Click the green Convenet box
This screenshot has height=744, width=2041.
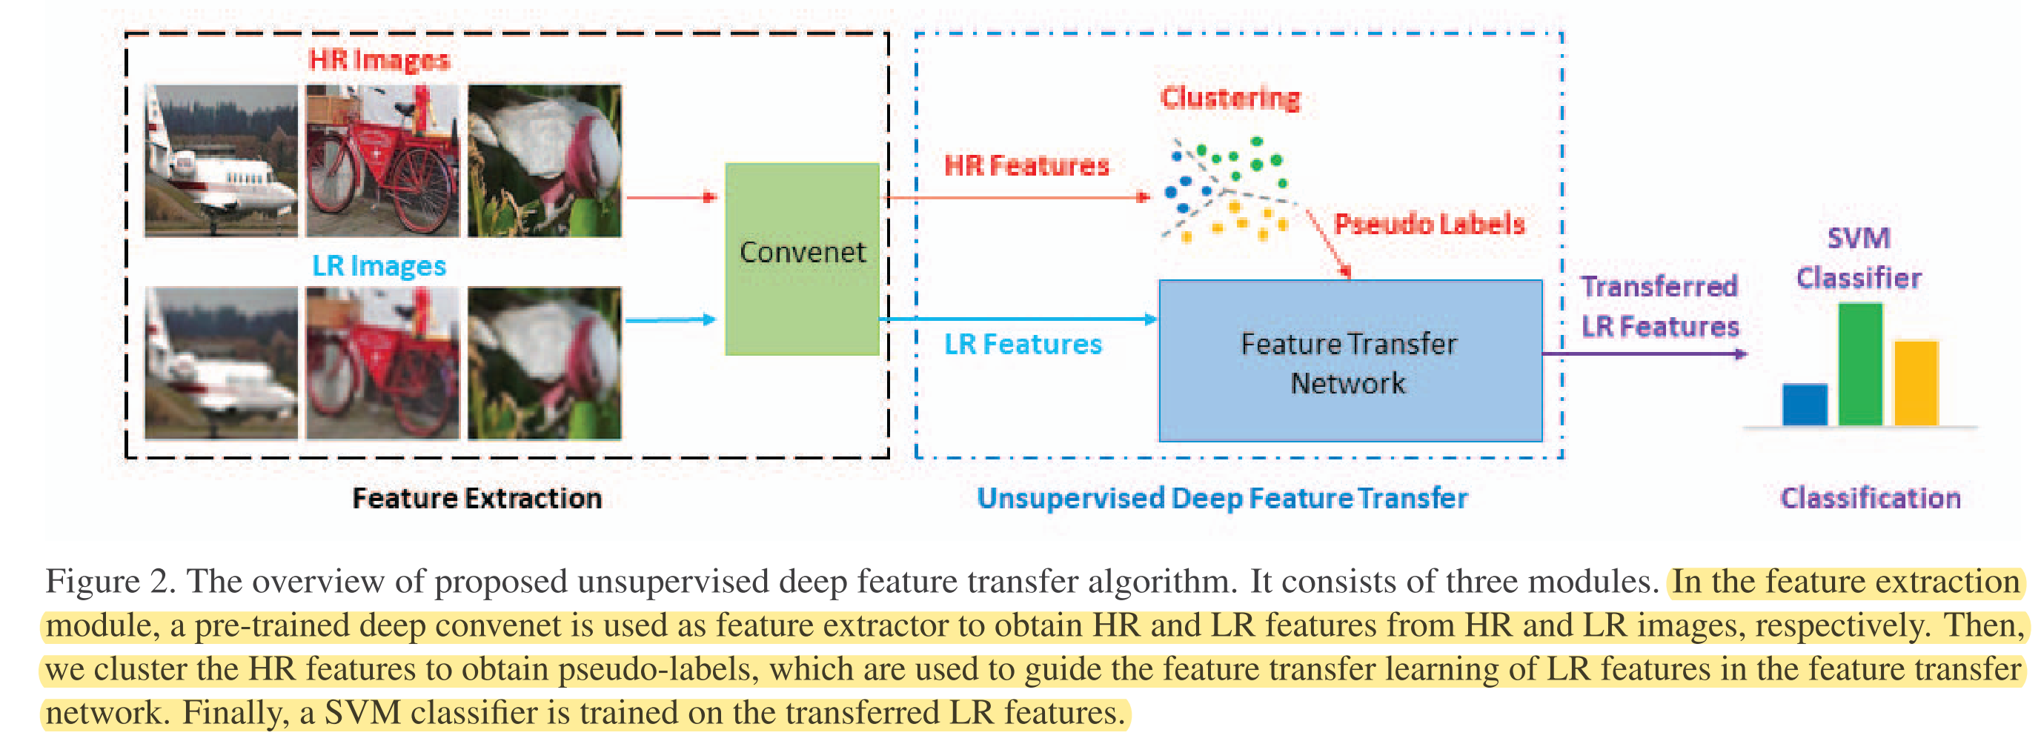coord(802,259)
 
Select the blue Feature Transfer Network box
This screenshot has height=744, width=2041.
coord(1350,360)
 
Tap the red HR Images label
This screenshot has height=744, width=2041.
coord(379,59)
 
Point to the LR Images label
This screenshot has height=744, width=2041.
coord(379,265)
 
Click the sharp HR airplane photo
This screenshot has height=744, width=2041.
coord(221,161)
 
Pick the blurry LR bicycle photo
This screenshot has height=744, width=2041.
coord(382,363)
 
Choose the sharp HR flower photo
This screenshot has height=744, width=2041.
coord(544,161)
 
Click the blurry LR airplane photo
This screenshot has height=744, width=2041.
coord(221,363)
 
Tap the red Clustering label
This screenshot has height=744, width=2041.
coord(1229,98)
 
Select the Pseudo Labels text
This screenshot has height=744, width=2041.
coord(1430,224)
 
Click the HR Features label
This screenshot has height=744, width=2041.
coord(1026,165)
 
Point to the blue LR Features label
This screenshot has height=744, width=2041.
coord(1022,344)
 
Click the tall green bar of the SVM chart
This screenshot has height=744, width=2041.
coord(1859,365)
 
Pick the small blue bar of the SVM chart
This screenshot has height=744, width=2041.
coord(1804,405)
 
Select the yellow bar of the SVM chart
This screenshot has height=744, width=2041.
coord(1915,384)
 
